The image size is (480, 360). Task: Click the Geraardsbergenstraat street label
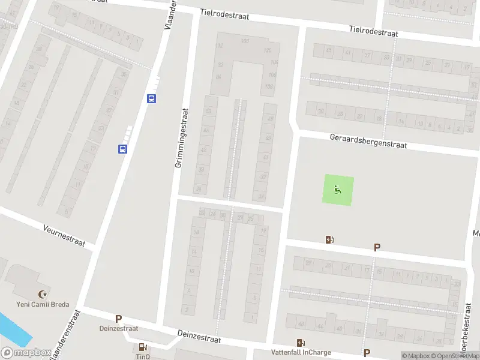pos(368,142)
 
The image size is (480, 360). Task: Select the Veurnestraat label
pos(64,236)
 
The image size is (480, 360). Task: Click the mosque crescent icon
pos(42,294)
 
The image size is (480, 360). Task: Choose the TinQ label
pos(142,356)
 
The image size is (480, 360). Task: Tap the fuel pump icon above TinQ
pos(143,346)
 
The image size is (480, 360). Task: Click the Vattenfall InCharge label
pos(299,353)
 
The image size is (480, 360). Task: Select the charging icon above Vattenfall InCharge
pos(299,343)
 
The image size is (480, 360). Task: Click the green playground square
pos(339,190)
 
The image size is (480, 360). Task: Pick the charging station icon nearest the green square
pos(329,240)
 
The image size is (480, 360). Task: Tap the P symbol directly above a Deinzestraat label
pos(118,319)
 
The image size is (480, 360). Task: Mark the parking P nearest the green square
pos(377,247)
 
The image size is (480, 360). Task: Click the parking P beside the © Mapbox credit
pos(366,353)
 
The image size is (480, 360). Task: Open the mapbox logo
pos(26,353)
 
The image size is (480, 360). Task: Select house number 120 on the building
pos(268,50)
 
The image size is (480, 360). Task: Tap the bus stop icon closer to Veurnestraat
pos(122,149)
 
